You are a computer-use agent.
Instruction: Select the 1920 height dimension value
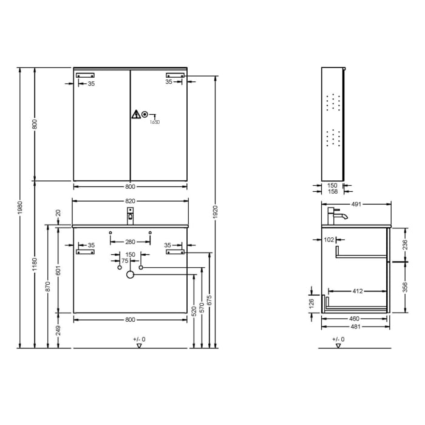point(215,211)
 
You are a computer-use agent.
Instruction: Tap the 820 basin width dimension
point(130,201)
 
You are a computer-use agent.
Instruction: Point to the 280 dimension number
point(130,242)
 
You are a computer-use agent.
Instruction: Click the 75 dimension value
point(125,260)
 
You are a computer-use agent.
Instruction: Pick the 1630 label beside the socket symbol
point(155,122)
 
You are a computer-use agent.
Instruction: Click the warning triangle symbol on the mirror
point(136,114)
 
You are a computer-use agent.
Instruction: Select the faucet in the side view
point(336,216)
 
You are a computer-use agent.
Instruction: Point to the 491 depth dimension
point(356,205)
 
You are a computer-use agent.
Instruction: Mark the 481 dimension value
point(356,326)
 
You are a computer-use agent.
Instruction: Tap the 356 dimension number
point(404,287)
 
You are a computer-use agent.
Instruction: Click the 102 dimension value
point(330,240)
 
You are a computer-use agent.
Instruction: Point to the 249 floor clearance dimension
point(58,331)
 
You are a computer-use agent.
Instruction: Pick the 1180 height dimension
point(35,264)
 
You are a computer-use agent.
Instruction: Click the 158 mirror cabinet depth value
point(332,192)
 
